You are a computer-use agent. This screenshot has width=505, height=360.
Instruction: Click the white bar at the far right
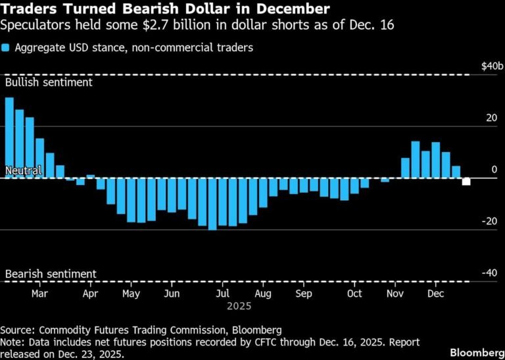coord(466,182)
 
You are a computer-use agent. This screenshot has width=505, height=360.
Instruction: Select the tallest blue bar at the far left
coord(9,138)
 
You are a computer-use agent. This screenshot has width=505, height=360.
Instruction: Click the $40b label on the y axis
coord(493,66)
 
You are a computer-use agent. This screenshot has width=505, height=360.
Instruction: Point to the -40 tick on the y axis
coord(491,273)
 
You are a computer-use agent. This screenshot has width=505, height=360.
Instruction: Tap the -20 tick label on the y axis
coord(491,221)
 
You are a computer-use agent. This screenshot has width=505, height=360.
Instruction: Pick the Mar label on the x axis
coord(39,294)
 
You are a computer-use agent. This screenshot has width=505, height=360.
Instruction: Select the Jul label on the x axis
coord(224,294)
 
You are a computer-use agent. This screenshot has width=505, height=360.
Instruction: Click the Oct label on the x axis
coord(354,294)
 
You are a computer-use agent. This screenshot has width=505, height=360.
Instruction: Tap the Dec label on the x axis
coord(435,294)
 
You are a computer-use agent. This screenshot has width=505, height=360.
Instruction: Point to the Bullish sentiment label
coord(49,83)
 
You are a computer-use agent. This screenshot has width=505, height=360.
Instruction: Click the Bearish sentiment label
coord(51,274)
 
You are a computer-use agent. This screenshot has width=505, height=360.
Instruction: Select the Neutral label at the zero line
coord(24,170)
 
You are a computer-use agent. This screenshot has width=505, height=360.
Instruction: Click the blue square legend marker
coord(6,48)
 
